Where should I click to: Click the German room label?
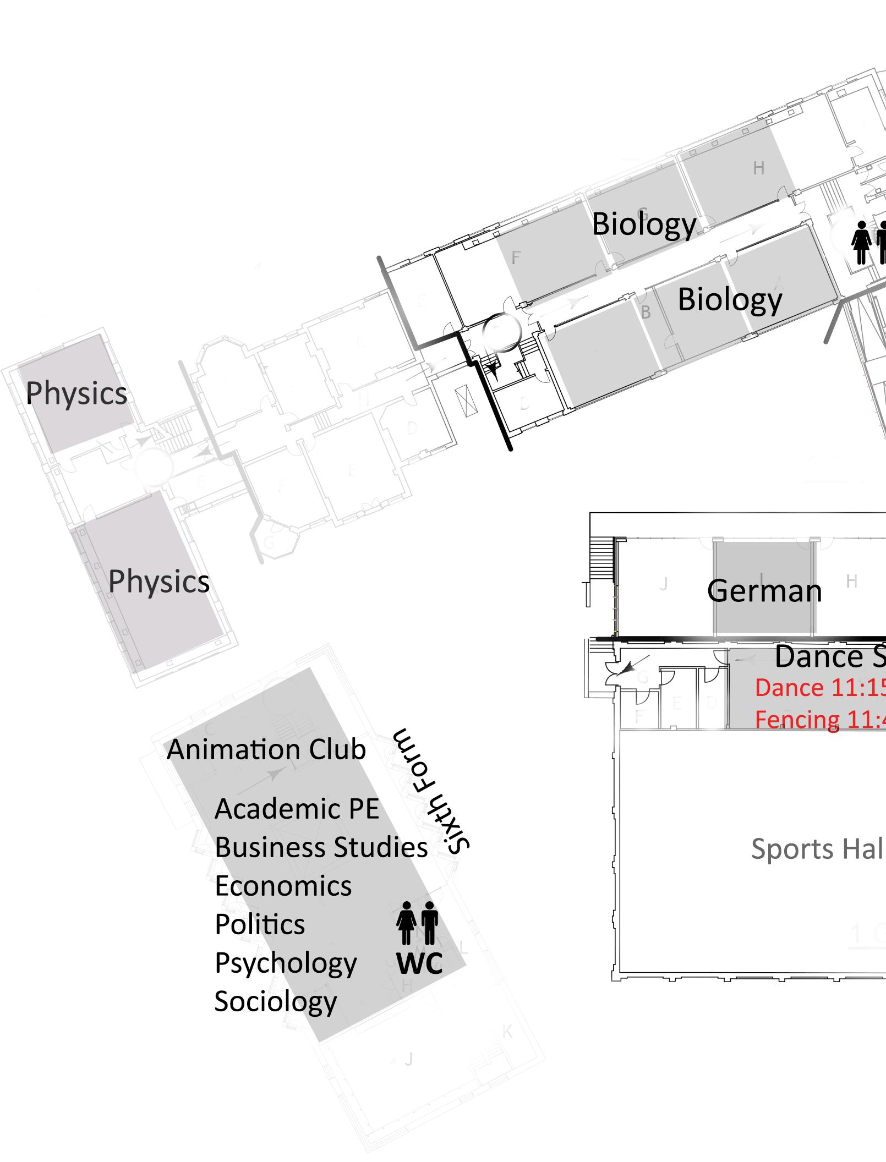(764, 591)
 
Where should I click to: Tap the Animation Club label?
(266, 749)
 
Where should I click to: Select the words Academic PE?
(297, 809)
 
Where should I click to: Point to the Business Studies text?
(321, 847)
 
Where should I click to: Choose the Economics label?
(283, 886)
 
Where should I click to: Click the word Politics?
(260, 924)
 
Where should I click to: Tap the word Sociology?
(275, 1001)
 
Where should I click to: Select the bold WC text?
(419, 963)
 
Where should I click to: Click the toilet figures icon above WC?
(418, 923)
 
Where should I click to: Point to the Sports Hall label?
(818, 849)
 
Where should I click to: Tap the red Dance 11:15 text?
(820, 688)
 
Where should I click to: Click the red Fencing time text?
(820, 720)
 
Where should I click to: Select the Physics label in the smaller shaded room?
(76, 393)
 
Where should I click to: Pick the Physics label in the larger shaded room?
(158, 582)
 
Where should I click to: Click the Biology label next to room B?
(730, 299)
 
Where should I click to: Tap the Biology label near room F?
(644, 224)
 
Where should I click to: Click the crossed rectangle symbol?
(463, 403)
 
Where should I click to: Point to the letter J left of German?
(664, 584)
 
